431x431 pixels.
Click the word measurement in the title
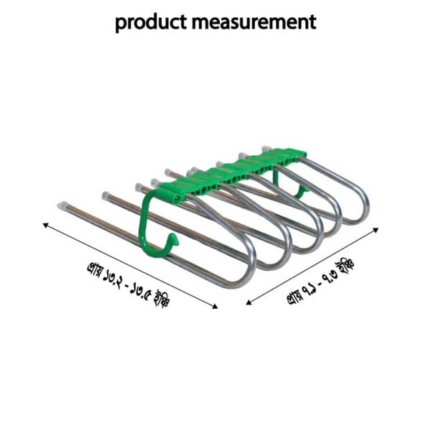tap(256, 22)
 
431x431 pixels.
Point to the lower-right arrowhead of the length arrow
tap(215, 307)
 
